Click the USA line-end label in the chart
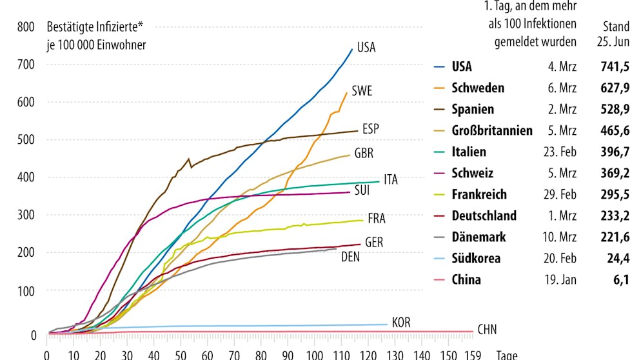point(366,48)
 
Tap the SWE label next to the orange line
point(362,91)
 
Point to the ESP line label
point(370,128)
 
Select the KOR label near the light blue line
point(400,323)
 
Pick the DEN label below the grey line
point(350,257)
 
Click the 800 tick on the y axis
point(26,27)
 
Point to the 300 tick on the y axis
point(26,215)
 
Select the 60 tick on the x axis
point(206,354)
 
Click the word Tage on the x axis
point(507,354)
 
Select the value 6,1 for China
point(621,279)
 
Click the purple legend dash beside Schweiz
point(440,174)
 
